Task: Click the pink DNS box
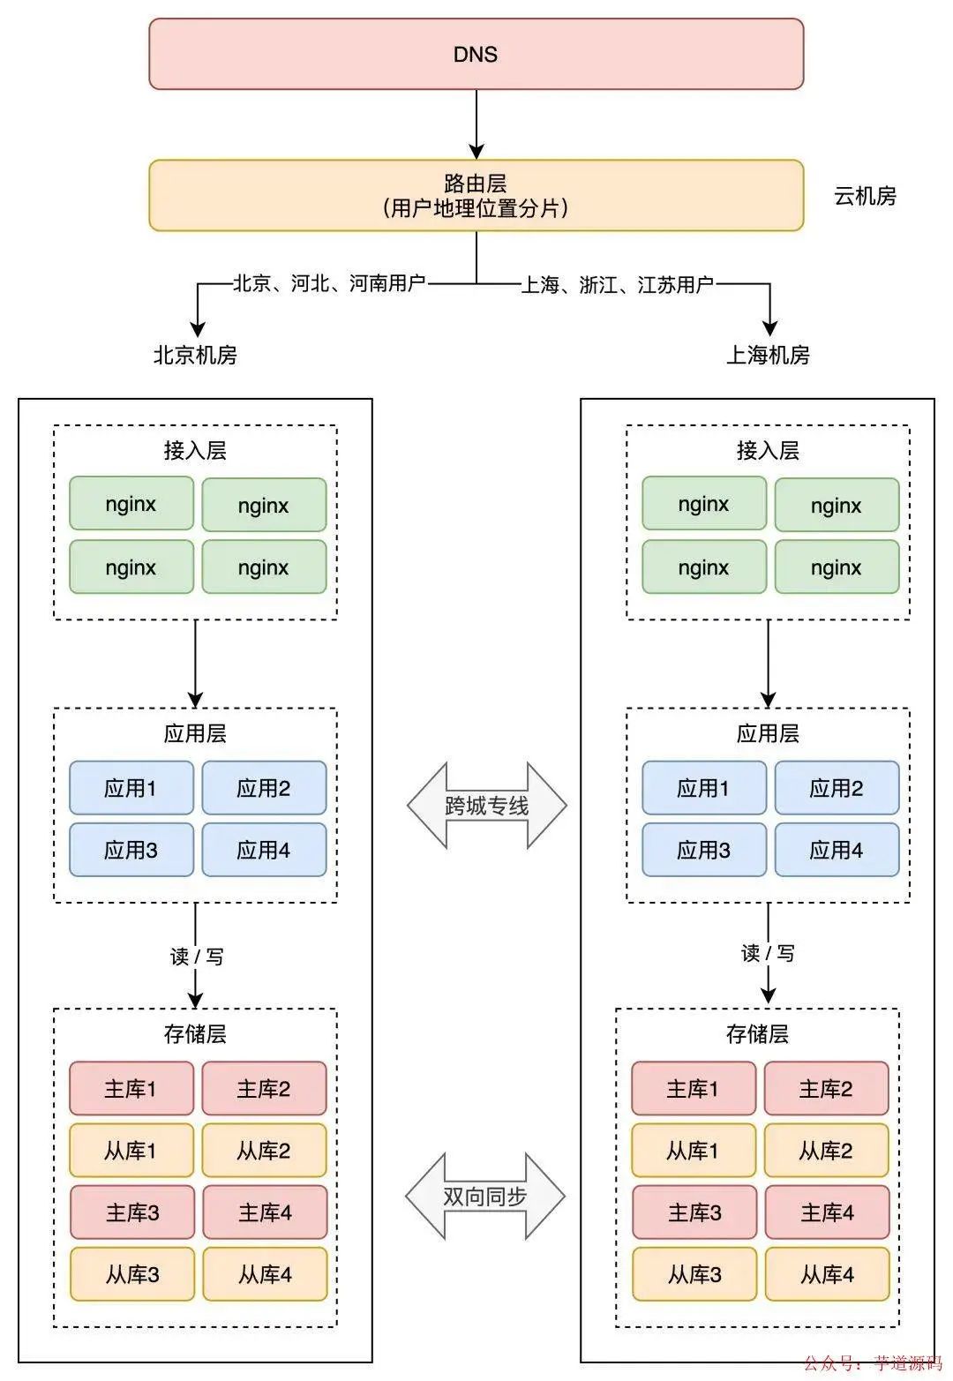[476, 54]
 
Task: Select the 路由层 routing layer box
[476, 195]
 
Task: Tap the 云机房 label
[865, 196]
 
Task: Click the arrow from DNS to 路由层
[476, 124]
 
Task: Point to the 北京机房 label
[195, 355]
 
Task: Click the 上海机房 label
[768, 355]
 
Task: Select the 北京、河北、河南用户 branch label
[329, 283]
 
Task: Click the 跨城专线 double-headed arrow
[486, 805]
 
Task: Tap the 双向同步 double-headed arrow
[485, 1196]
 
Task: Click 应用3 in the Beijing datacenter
[131, 850]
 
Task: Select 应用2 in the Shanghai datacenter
[836, 788]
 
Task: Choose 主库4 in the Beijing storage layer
[264, 1212]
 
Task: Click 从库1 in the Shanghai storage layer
[693, 1151]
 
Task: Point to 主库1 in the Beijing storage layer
[131, 1089]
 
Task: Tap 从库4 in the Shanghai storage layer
[826, 1274]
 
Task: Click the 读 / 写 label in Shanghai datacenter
[768, 953]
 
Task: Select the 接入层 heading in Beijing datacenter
[195, 451]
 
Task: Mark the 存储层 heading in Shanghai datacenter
[757, 1034]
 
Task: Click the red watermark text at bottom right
[872, 1363]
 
